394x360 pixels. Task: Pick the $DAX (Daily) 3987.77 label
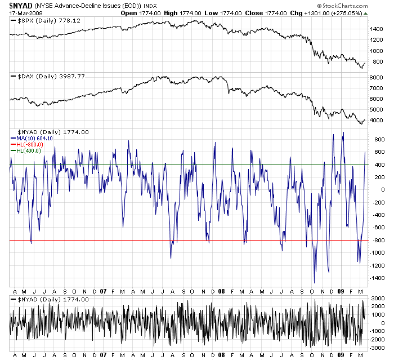point(47,76)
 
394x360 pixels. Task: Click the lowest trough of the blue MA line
point(314,282)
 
